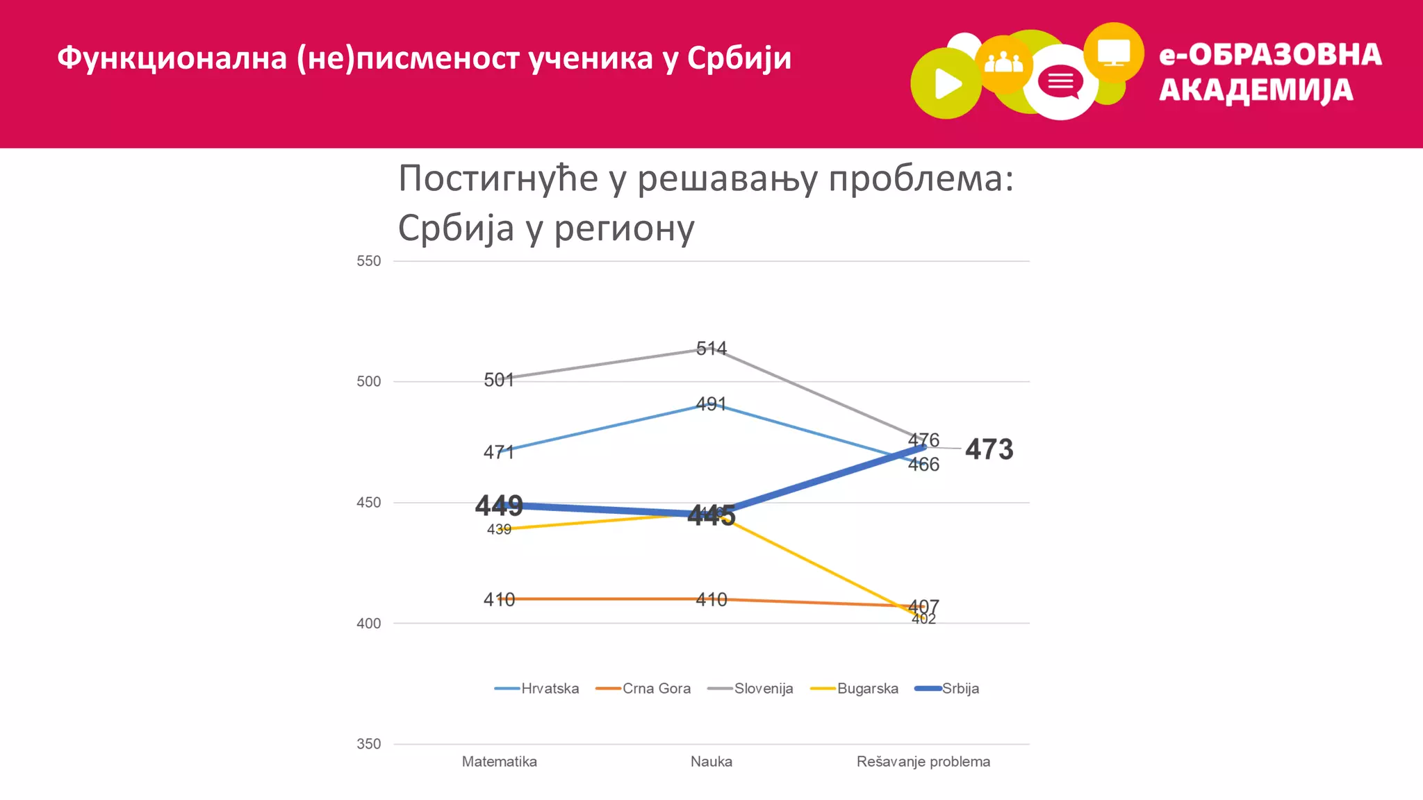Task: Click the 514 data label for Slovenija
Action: (711, 348)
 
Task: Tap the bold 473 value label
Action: (989, 449)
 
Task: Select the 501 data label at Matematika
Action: (499, 380)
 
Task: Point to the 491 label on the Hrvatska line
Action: (711, 404)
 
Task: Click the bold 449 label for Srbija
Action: (499, 505)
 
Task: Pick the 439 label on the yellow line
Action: (499, 530)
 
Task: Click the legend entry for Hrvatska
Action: (537, 688)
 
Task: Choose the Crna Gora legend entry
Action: (644, 688)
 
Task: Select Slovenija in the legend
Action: (751, 688)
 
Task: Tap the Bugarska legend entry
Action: (855, 688)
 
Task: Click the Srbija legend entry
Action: (948, 688)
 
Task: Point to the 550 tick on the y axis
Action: (369, 261)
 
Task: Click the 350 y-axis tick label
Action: (369, 744)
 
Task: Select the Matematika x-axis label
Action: (499, 762)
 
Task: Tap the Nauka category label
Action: (711, 762)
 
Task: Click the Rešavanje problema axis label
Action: (923, 762)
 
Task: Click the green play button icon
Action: (946, 84)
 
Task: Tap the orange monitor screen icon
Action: (1113, 53)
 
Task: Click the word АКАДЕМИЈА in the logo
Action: (1256, 90)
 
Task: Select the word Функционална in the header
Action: (172, 58)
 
